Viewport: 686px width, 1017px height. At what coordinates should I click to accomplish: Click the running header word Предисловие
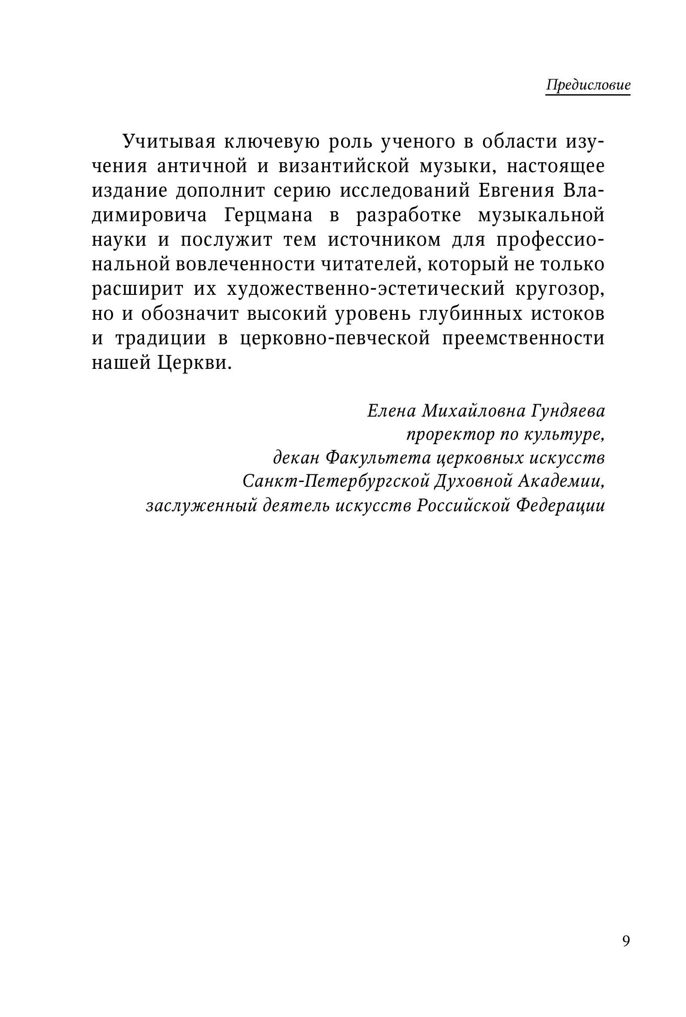[x=588, y=85]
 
